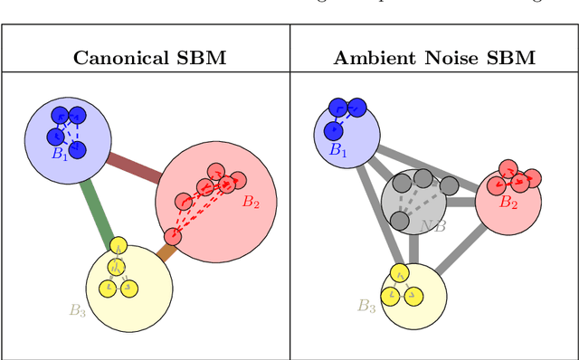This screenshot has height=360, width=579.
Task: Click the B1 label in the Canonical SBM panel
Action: pos(60,155)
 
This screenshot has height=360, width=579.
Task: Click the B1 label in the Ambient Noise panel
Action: pos(337,151)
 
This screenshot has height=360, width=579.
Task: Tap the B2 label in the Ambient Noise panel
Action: pos(509,204)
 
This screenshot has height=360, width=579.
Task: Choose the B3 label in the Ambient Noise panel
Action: pos(365,306)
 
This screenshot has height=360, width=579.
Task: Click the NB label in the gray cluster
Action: pos(432,225)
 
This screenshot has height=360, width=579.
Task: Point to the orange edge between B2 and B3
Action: pos(164,250)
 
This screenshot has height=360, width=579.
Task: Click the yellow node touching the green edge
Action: pos(119,245)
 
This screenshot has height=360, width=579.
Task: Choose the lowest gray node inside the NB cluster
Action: pos(399,220)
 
